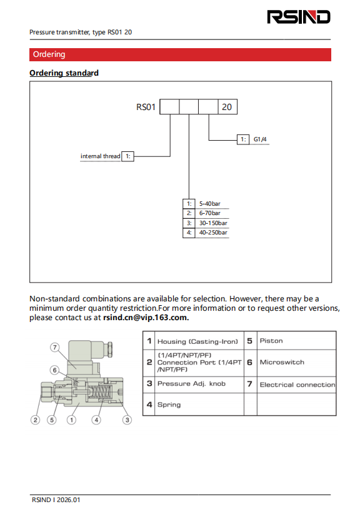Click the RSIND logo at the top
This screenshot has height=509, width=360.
click(x=299, y=17)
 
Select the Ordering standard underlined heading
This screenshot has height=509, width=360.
click(x=64, y=73)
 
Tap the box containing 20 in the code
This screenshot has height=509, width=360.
click(x=227, y=107)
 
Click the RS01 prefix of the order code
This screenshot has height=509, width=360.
click(x=146, y=107)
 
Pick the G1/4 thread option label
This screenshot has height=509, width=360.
click(x=260, y=139)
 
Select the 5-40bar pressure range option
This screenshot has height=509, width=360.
click(x=209, y=204)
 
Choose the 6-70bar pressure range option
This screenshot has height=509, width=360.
click(x=209, y=213)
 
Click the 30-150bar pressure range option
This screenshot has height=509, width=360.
click(x=213, y=223)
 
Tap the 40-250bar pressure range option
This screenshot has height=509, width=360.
click(x=213, y=233)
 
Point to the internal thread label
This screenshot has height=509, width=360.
click(x=100, y=156)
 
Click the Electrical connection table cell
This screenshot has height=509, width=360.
click(x=296, y=385)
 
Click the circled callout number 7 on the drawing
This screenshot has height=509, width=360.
click(x=55, y=347)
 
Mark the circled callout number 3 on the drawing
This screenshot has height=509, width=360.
click(x=127, y=420)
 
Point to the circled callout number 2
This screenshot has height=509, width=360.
click(x=36, y=420)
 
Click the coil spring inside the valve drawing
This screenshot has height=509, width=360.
click(x=100, y=393)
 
